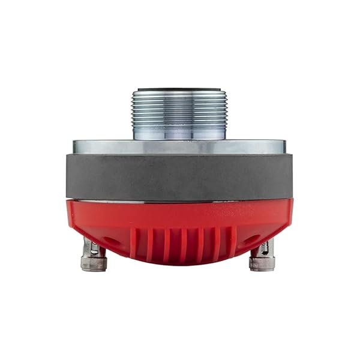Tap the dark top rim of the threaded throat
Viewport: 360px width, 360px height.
click(179, 90)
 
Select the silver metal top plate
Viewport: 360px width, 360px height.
click(179, 146)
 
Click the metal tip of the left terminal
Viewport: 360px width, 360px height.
click(94, 264)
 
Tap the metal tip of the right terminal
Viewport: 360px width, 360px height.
click(262, 264)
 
